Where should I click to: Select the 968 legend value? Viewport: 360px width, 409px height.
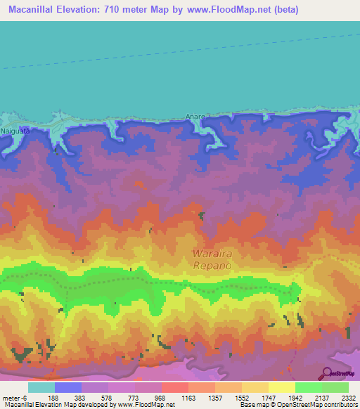coord(160,397)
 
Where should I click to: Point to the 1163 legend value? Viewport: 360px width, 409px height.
coord(188,397)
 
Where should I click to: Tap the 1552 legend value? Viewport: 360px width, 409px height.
coord(242,397)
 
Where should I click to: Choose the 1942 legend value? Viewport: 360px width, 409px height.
coord(297,397)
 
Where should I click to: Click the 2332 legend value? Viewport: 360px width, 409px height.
coord(349,397)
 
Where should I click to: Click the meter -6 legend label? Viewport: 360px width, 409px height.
coord(14,397)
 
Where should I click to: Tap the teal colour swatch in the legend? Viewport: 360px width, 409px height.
coord(41,387)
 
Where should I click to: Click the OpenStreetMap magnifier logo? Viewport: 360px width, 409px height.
coord(328,372)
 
